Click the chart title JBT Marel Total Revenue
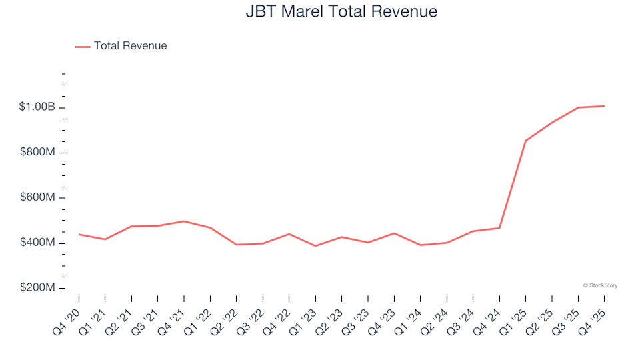pyautogui.click(x=341, y=11)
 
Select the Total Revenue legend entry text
pyautogui.click(x=130, y=46)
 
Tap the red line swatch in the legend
pyautogui.click(x=83, y=46)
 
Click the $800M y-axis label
pyautogui.click(x=37, y=153)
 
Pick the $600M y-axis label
pyautogui.click(x=37, y=198)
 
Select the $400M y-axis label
pyautogui.click(x=37, y=243)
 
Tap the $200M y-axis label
pyautogui.click(x=37, y=288)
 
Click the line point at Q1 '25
pyautogui.click(x=525, y=141)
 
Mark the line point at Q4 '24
pyautogui.click(x=499, y=228)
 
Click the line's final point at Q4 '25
pyautogui.click(x=604, y=106)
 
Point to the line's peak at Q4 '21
pyautogui.click(x=184, y=221)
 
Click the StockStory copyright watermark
pyautogui.click(x=600, y=285)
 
